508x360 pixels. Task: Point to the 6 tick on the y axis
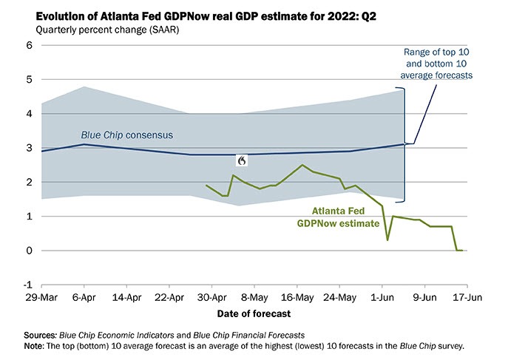[x=30, y=45]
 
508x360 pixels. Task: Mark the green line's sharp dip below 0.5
[x=387, y=240]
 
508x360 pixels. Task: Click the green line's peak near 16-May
[x=302, y=165]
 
